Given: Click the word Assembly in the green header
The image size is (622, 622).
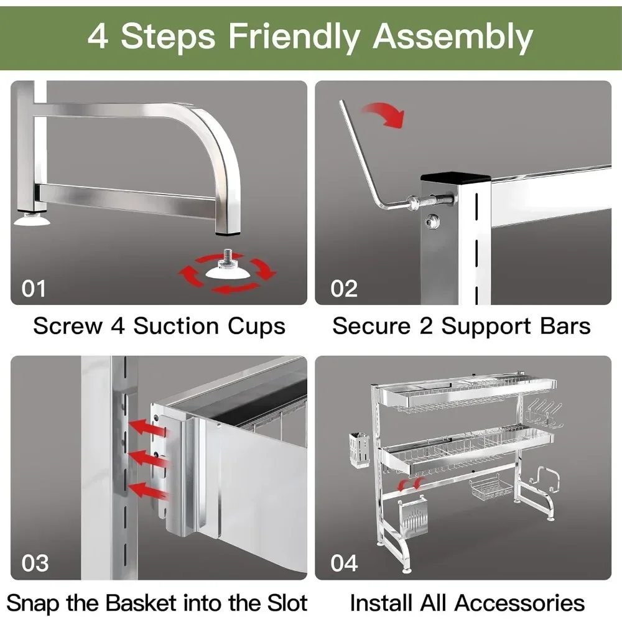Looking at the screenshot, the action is coord(453,37).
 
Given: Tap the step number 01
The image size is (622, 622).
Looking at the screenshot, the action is coord(34,289).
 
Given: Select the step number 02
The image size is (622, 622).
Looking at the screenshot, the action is coord(344,289).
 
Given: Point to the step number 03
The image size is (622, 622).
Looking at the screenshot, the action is coord(35,563).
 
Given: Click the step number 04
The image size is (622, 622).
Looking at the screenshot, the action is coord(344,563).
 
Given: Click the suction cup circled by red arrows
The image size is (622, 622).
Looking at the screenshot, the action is coord(227,267).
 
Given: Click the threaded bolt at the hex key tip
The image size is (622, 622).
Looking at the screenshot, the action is coord(432,200).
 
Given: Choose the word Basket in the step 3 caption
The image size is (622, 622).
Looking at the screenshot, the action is coord(141,603).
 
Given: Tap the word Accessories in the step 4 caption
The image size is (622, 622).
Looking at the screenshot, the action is coord(519,603).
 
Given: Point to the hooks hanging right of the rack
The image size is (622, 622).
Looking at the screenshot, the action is coord(545,414).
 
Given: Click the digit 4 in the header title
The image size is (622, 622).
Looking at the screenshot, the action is coord(98,37).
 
